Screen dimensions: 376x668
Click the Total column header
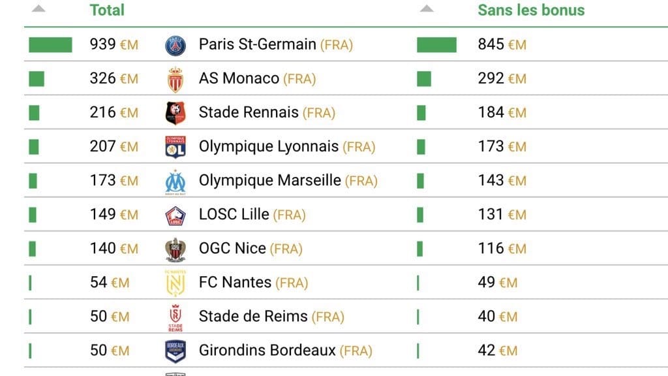(x=107, y=10)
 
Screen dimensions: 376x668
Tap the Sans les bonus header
(x=531, y=10)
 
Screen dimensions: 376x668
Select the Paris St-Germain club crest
(x=175, y=45)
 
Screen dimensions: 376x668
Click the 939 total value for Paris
(x=114, y=44)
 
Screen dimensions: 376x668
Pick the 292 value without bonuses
(x=502, y=79)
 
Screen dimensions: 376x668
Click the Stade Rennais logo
(x=175, y=113)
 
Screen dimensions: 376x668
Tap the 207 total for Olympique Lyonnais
(x=114, y=147)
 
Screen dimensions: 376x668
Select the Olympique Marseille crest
(x=175, y=181)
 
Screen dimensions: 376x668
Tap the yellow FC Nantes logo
(x=175, y=283)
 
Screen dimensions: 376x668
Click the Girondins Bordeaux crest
(x=175, y=351)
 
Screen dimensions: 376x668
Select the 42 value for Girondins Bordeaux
(x=497, y=351)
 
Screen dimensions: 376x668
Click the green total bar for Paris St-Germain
(x=50, y=45)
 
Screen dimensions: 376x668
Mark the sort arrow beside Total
(x=38, y=9)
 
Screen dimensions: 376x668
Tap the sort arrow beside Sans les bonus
(x=427, y=9)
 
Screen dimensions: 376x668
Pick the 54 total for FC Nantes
(x=109, y=283)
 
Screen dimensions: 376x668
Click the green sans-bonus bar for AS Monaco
(x=424, y=79)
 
